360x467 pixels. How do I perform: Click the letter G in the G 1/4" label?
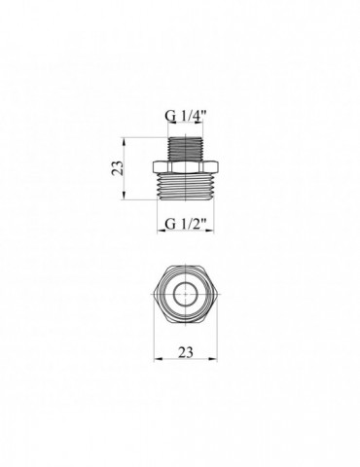[x=166, y=121]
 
